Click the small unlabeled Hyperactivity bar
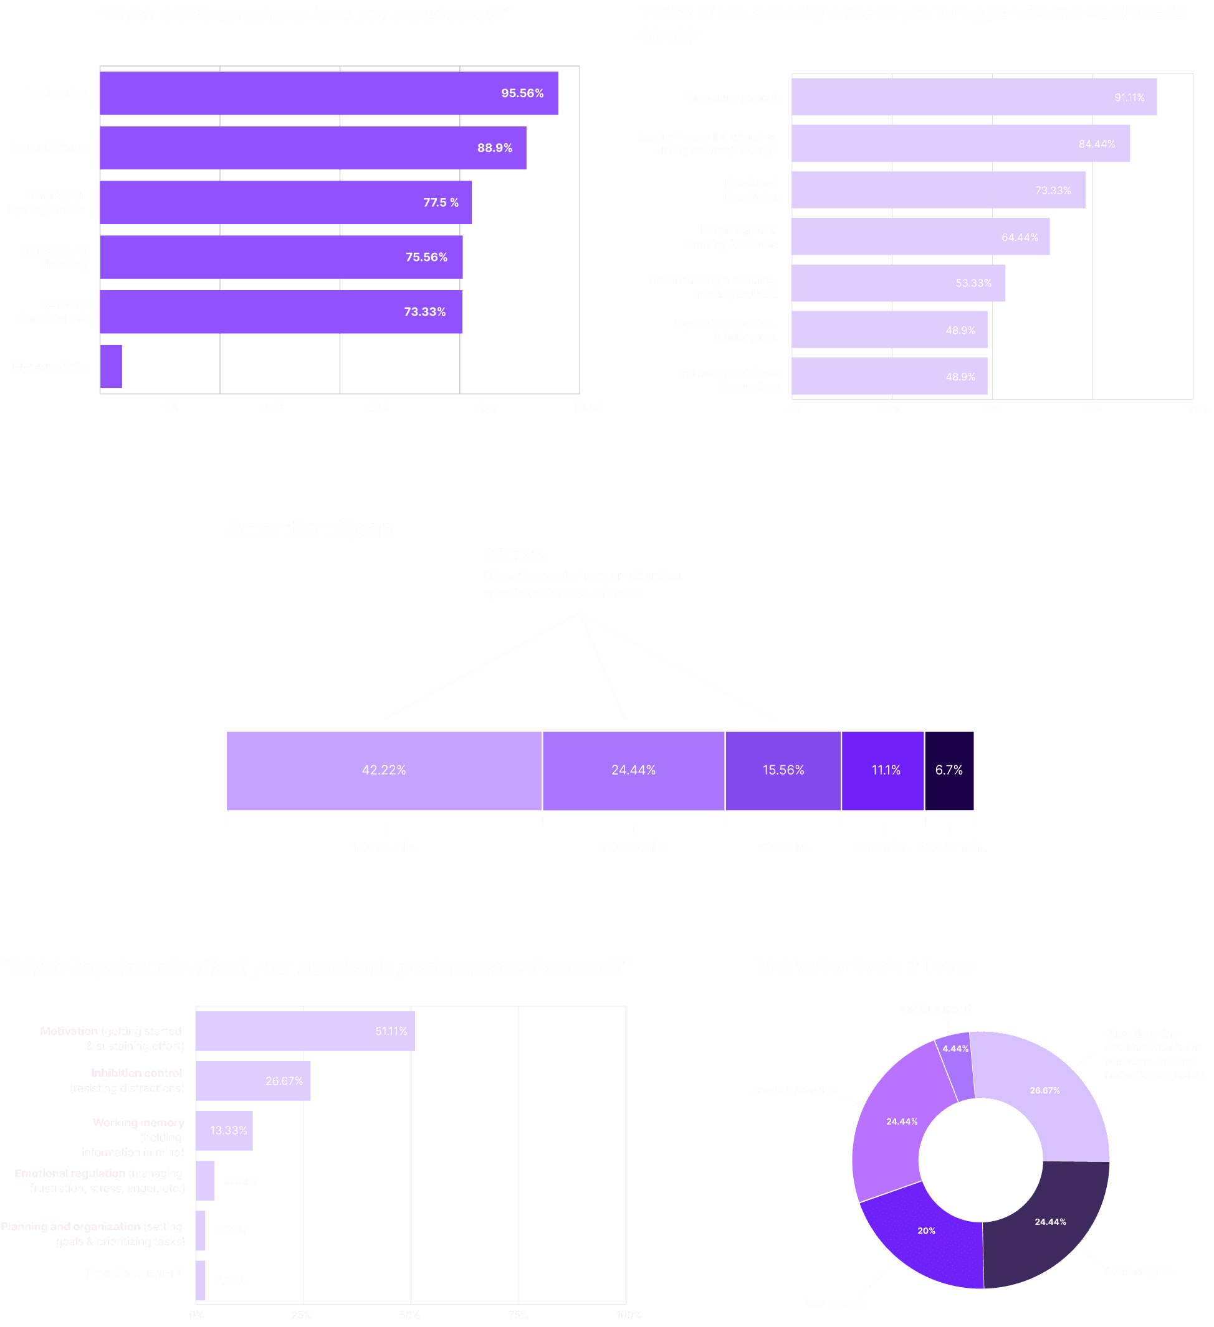(112, 367)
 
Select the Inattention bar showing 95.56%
(329, 93)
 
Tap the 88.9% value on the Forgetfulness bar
(495, 148)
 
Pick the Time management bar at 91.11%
(973, 97)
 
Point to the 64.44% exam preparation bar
(920, 237)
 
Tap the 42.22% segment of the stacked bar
(384, 770)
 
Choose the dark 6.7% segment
(949, 770)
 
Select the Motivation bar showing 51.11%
(305, 1031)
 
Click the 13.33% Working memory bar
(224, 1131)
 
